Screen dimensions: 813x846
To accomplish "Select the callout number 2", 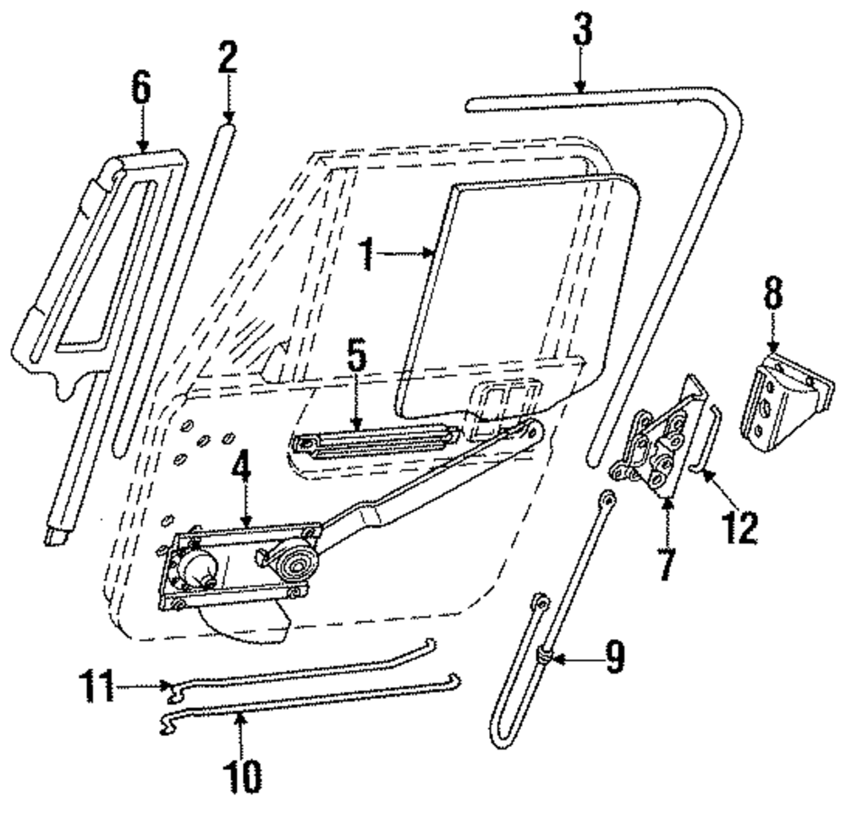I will (x=226, y=59).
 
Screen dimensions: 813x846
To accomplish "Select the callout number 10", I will (x=242, y=772).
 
